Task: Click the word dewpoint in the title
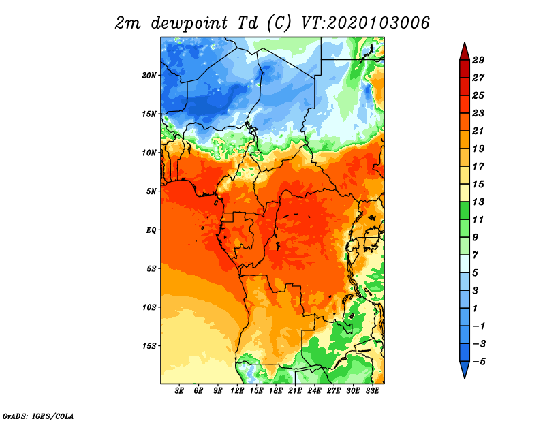point(189,23)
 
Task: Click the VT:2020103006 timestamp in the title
point(365,23)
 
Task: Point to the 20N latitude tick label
point(149,76)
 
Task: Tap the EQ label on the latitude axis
point(151,230)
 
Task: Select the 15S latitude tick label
point(149,346)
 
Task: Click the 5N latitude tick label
point(151,191)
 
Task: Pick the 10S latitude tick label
point(149,307)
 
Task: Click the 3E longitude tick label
point(179,391)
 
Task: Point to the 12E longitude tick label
point(237,391)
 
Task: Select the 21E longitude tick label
point(295,391)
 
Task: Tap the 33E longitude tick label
point(372,391)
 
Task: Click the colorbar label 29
point(478,60)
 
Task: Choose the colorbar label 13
point(478,202)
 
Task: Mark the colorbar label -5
point(478,362)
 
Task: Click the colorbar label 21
point(478,131)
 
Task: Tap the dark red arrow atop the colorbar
point(465,51)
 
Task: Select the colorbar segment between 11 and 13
point(465,210)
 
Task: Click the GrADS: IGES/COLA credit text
point(38,416)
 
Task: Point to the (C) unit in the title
point(279,23)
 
